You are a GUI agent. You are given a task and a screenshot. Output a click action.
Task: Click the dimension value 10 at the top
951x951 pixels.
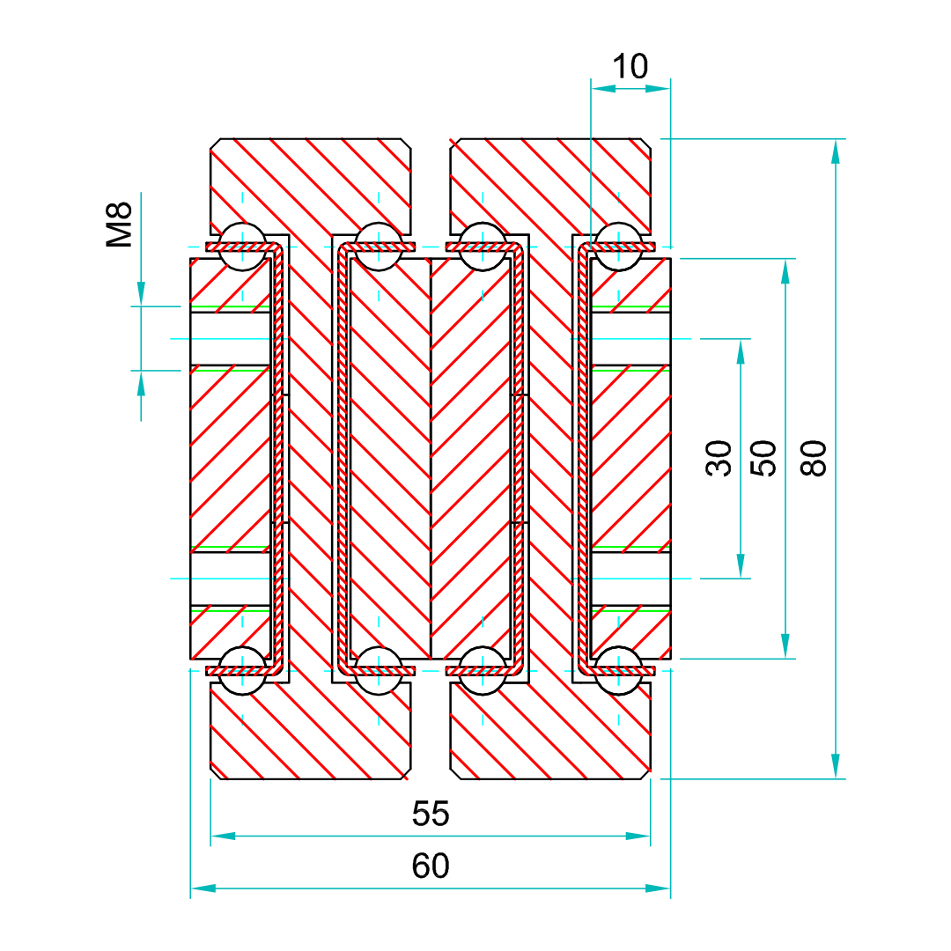630,67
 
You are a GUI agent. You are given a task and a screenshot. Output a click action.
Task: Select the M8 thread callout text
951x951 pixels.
120,224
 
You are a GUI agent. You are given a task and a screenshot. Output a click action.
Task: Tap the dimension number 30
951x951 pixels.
720,458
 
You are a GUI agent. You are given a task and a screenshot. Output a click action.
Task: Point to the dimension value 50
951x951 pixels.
767,458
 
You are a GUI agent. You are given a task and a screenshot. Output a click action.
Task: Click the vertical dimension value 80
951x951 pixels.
817,458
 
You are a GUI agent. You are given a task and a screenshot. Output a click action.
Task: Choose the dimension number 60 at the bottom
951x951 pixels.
431,866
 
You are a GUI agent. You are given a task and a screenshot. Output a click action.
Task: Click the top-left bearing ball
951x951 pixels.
242,246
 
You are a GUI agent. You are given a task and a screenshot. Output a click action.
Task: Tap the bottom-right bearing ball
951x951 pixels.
618,671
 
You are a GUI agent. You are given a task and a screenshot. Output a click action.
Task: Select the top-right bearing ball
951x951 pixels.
618,246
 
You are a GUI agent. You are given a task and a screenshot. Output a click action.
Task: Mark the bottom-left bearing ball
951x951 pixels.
242,671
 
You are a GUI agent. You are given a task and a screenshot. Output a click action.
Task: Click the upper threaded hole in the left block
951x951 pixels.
231,338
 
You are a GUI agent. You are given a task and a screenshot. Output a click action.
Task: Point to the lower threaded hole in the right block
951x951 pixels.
630,579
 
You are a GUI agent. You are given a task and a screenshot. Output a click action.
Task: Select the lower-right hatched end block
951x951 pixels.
550,735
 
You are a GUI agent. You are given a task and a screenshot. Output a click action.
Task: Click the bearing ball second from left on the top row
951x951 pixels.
380,246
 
